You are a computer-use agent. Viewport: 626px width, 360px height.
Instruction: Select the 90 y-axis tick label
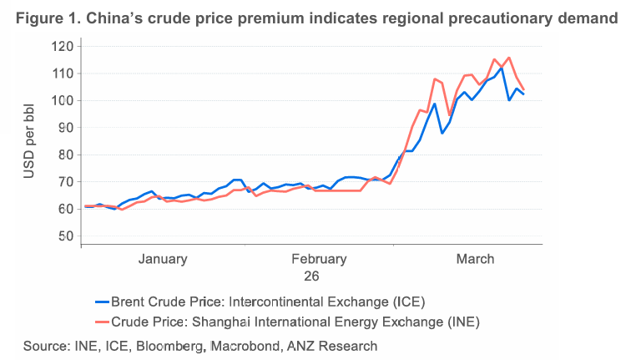click(67, 128)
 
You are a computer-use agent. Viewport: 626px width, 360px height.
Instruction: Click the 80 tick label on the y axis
click(67, 155)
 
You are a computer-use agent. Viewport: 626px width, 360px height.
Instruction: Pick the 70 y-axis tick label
click(67, 182)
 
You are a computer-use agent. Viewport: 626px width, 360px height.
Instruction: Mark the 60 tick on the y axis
click(67, 209)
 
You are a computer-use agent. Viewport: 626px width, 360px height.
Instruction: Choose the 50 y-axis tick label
click(67, 236)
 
